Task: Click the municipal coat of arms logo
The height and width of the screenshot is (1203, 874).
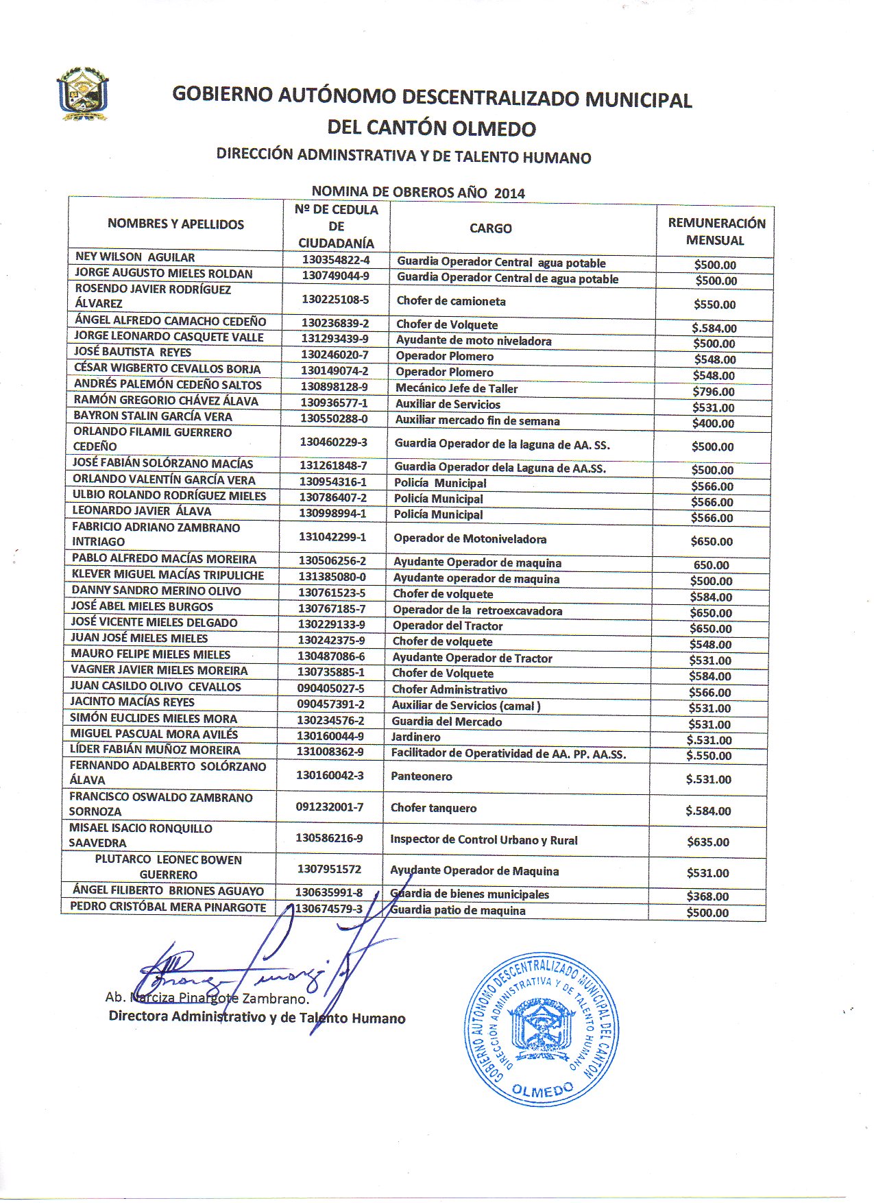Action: (x=82, y=94)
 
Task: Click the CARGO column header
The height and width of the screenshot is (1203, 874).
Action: (x=490, y=228)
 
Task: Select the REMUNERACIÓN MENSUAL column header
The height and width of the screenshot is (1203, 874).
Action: (x=716, y=232)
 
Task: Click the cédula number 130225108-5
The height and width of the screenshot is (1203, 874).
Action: (x=335, y=300)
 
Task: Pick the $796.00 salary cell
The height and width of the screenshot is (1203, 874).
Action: (x=714, y=392)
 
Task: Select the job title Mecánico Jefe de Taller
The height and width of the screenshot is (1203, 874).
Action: (x=457, y=388)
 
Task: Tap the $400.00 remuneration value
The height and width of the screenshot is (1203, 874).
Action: (x=713, y=424)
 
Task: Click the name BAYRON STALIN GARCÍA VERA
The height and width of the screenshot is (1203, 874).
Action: (x=153, y=416)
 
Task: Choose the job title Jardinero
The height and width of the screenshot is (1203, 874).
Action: (x=415, y=737)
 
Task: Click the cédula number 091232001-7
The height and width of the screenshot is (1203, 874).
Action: (x=330, y=807)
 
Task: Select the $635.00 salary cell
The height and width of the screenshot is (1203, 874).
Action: (x=708, y=842)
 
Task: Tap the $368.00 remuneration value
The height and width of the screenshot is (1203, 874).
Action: (x=707, y=896)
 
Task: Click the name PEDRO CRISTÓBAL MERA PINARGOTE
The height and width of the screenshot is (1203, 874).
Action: (x=168, y=907)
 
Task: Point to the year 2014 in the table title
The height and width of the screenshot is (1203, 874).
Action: (x=509, y=193)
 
